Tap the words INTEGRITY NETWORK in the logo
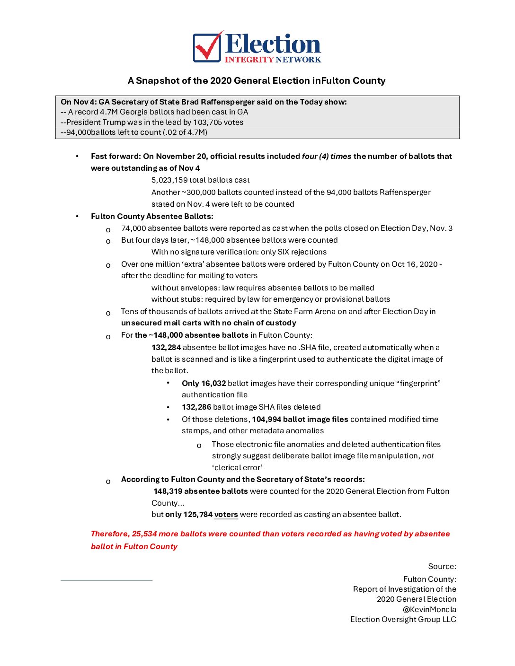point(273,60)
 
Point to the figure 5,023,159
point(169,180)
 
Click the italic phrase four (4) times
point(327,156)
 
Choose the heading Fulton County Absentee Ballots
point(152,216)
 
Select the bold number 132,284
point(166,347)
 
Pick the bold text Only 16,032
point(204,383)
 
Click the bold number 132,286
point(196,407)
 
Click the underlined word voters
point(226,514)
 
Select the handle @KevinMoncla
point(429,609)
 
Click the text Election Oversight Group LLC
point(403,619)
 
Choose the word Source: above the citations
point(442,566)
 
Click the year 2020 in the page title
point(220,80)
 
